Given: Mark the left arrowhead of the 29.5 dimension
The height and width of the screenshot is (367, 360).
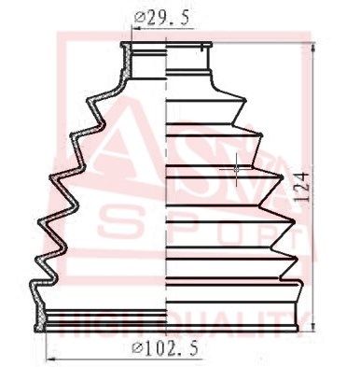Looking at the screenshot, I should tap(130, 28).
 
